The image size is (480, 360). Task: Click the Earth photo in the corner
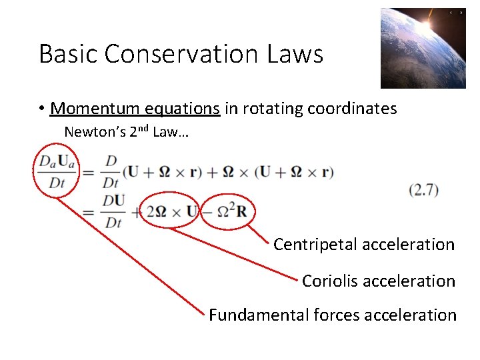pos(423,48)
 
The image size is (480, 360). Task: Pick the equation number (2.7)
pos(423,190)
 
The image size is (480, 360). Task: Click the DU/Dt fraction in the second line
pos(114,211)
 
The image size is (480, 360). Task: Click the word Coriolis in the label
pos(327,281)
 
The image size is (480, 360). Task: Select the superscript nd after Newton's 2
pos(143,129)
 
